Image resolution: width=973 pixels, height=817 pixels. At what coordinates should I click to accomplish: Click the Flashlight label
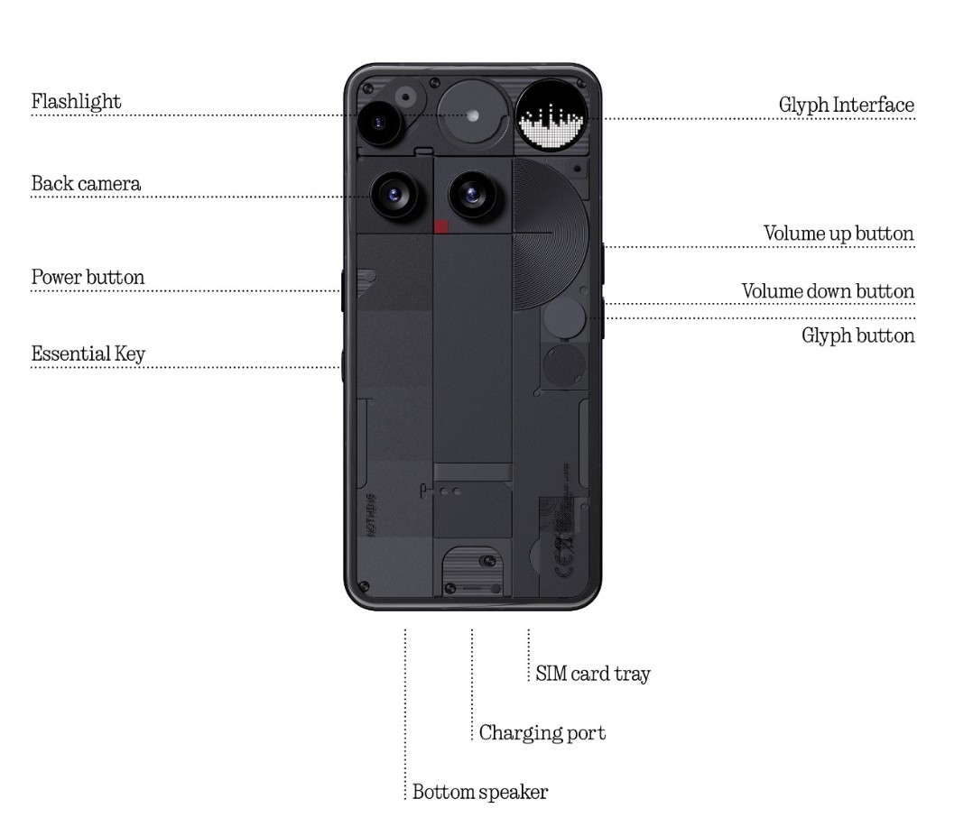coord(76,101)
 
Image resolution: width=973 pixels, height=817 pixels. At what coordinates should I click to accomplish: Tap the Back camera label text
coord(86,184)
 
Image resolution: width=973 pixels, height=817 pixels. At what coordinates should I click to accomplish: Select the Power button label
coord(88,277)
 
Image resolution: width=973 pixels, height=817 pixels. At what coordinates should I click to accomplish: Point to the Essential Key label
coord(88,353)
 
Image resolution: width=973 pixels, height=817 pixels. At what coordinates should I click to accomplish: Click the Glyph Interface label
coord(846,105)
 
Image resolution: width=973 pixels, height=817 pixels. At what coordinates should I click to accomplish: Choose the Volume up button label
coord(839,234)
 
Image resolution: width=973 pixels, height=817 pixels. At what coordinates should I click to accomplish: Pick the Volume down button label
coord(828,291)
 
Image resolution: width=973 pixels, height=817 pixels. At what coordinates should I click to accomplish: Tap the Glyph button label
coord(857,335)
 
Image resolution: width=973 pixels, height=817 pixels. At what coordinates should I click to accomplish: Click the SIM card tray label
coord(592,674)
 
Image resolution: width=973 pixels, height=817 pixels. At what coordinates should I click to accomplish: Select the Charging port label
coord(542,732)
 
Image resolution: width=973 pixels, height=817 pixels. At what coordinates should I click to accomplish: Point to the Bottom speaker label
coord(479,793)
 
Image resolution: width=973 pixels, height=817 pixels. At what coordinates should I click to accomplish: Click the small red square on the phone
coord(442,226)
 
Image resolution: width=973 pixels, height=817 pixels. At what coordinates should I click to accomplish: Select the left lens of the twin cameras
coord(394,193)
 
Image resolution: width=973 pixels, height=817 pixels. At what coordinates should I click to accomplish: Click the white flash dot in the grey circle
coord(473,115)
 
